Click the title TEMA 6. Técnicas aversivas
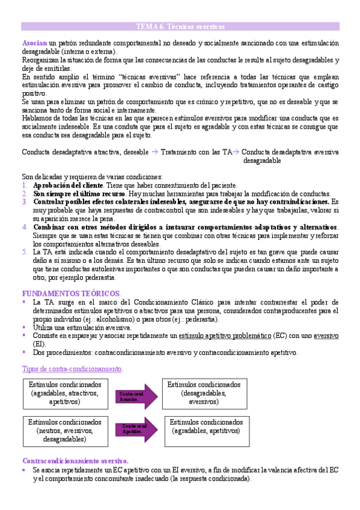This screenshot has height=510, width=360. [180, 27]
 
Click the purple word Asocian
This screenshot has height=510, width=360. [34, 44]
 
